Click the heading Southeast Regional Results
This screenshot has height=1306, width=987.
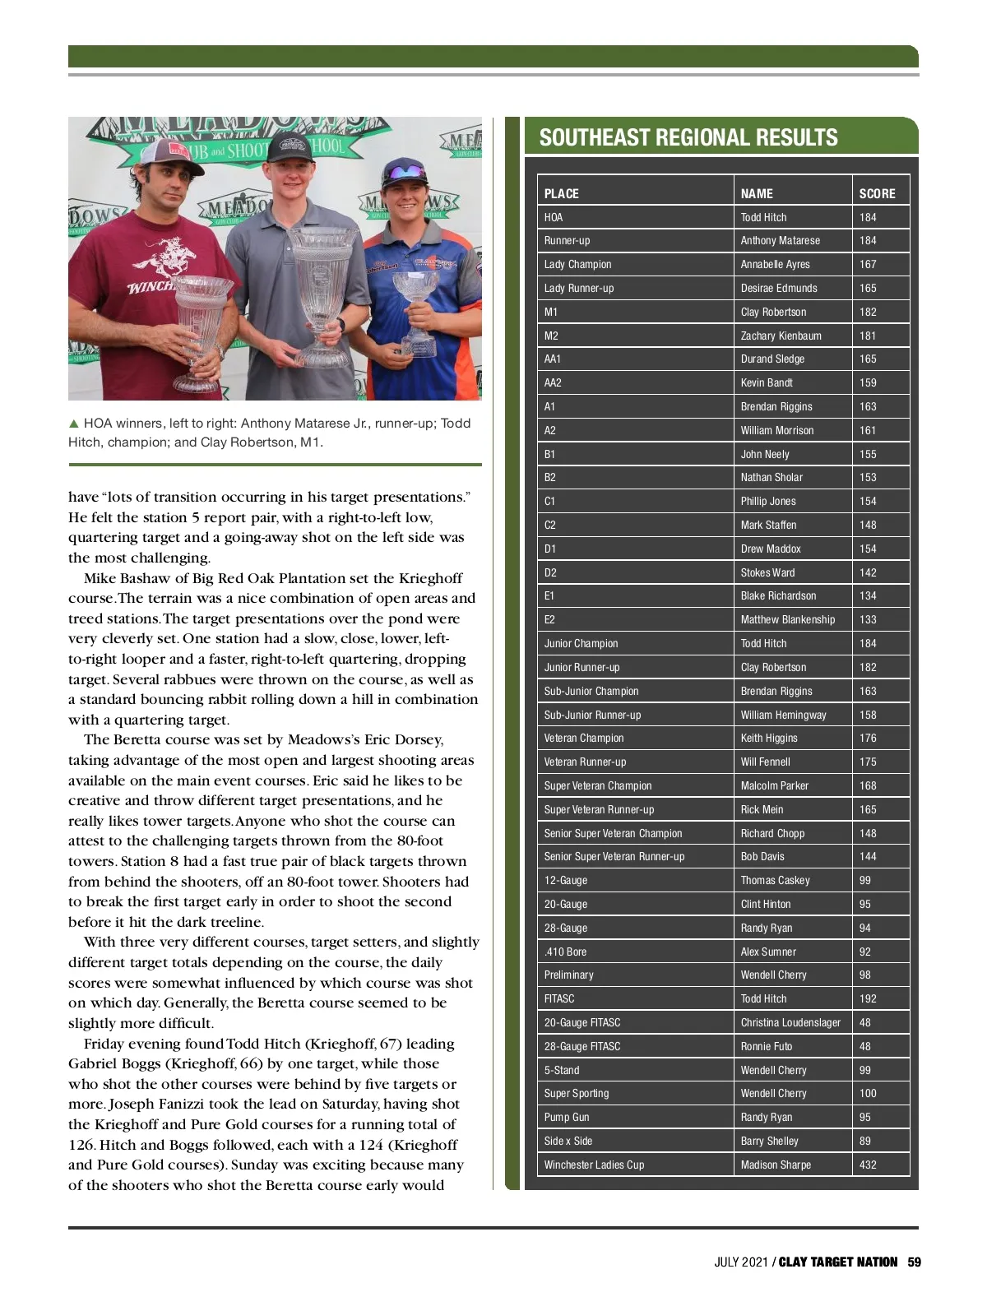688,137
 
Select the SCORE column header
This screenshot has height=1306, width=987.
877,194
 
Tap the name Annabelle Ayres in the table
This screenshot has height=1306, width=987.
775,265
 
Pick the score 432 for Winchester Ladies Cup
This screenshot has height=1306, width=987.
868,1165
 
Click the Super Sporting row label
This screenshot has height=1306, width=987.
577,1094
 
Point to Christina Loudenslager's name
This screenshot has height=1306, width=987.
790,1023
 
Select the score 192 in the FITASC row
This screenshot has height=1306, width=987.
868,999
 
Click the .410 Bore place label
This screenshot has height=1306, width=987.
565,952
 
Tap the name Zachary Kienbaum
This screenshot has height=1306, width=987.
781,336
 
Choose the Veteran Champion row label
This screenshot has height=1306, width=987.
584,739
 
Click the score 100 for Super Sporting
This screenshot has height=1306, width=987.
868,1094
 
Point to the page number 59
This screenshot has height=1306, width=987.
915,1262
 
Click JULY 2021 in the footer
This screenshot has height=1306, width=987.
740,1262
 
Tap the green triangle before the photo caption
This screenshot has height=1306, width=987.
74,424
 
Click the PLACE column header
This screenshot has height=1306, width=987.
562,194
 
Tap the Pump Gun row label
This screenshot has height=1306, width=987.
567,1118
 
